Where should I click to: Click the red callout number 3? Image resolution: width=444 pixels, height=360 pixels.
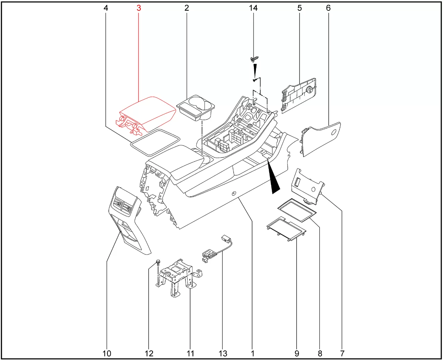[x=139, y=8]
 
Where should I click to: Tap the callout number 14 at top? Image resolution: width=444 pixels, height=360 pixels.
[x=253, y=8]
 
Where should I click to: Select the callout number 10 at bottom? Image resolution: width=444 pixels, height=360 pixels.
[x=107, y=353]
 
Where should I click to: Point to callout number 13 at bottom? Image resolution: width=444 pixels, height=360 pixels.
[x=223, y=353]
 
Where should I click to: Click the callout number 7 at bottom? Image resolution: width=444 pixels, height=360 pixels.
[x=342, y=353]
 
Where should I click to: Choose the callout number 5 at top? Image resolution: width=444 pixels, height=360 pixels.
[x=300, y=8]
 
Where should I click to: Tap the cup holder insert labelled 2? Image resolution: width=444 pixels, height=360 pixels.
[x=196, y=108]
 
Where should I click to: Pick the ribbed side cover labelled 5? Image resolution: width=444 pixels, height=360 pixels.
[x=299, y=96]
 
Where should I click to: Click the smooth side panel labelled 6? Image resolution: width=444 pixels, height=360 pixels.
[x=321, y=139]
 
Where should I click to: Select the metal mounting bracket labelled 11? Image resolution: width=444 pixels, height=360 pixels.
[x=179, y=277]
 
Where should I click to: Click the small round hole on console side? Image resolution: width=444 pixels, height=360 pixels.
[x=234, y=193]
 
